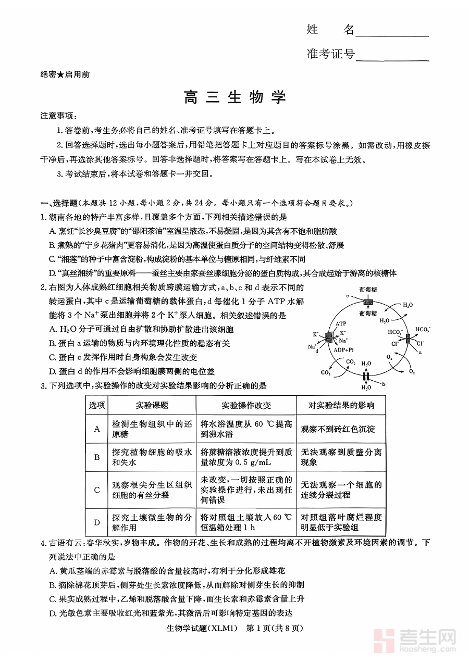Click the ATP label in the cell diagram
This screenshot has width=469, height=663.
tap(341, 323)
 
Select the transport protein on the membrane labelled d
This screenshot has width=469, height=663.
tap(329, 337)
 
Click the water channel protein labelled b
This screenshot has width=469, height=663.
tap(366, 376)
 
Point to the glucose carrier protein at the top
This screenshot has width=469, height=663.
tap(368, 302)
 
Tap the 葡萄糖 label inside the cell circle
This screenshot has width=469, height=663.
tap(367, 313)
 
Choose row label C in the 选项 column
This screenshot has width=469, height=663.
tap(97, 490)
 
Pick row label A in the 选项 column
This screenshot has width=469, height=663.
tap(97, 429)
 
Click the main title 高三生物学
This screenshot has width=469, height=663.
tap(234, 97)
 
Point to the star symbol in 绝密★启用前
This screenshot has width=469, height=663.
tap(60, 75)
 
